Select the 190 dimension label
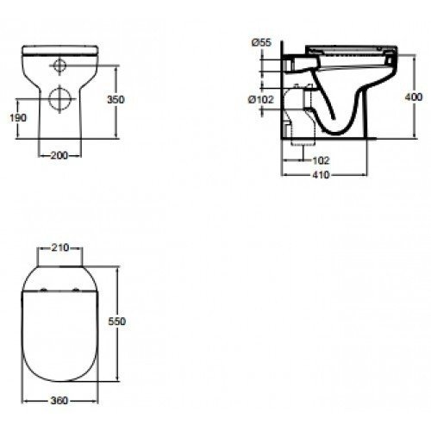[x=19, y=117]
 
